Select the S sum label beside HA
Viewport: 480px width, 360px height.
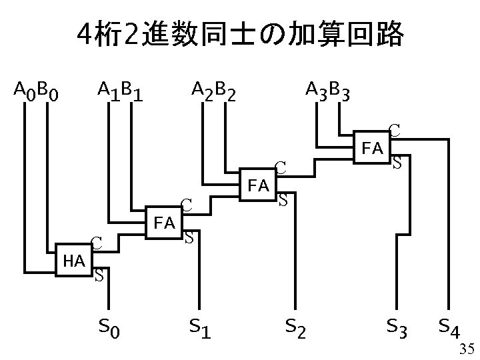click(99, 274)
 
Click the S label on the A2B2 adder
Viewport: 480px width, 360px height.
click(283, 199)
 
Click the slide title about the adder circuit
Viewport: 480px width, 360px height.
click(240, 35)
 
